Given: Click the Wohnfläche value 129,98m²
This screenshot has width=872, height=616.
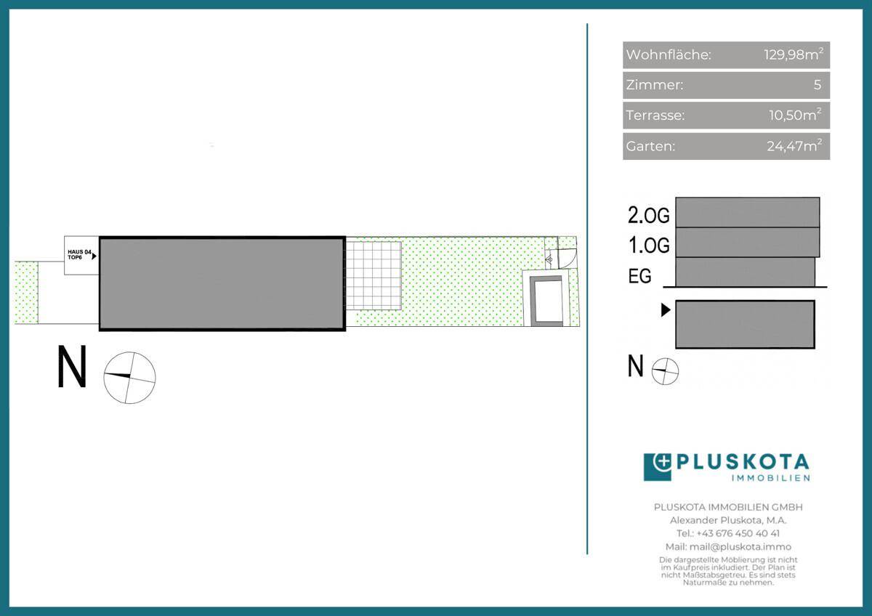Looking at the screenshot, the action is pyautogui.click(x=794, y=54).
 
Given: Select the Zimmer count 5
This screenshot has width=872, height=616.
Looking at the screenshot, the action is pyautogui.click(x=817, y=84).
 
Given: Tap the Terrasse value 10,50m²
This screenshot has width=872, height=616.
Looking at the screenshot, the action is pyautogui.click(x=795, y=115).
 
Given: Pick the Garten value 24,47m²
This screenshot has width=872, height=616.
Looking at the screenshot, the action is pyautogui.click(x=794, y=145).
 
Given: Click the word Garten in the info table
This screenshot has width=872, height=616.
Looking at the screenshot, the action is pyautogui.click(x=650, y=146).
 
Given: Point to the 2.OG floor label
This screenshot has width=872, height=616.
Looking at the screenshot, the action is pyautogui.click(x=648, y=215).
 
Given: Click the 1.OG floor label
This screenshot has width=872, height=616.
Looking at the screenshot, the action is pyautogui.click(x=649, y=245).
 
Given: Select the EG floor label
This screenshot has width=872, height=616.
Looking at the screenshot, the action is pyautogui.click(x=639, y=276).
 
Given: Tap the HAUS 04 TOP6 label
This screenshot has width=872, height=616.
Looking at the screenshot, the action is pyautogui.click(x=79, y=254).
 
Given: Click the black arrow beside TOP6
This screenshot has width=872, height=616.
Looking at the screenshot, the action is pyautogui.click(x=94, y=256).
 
